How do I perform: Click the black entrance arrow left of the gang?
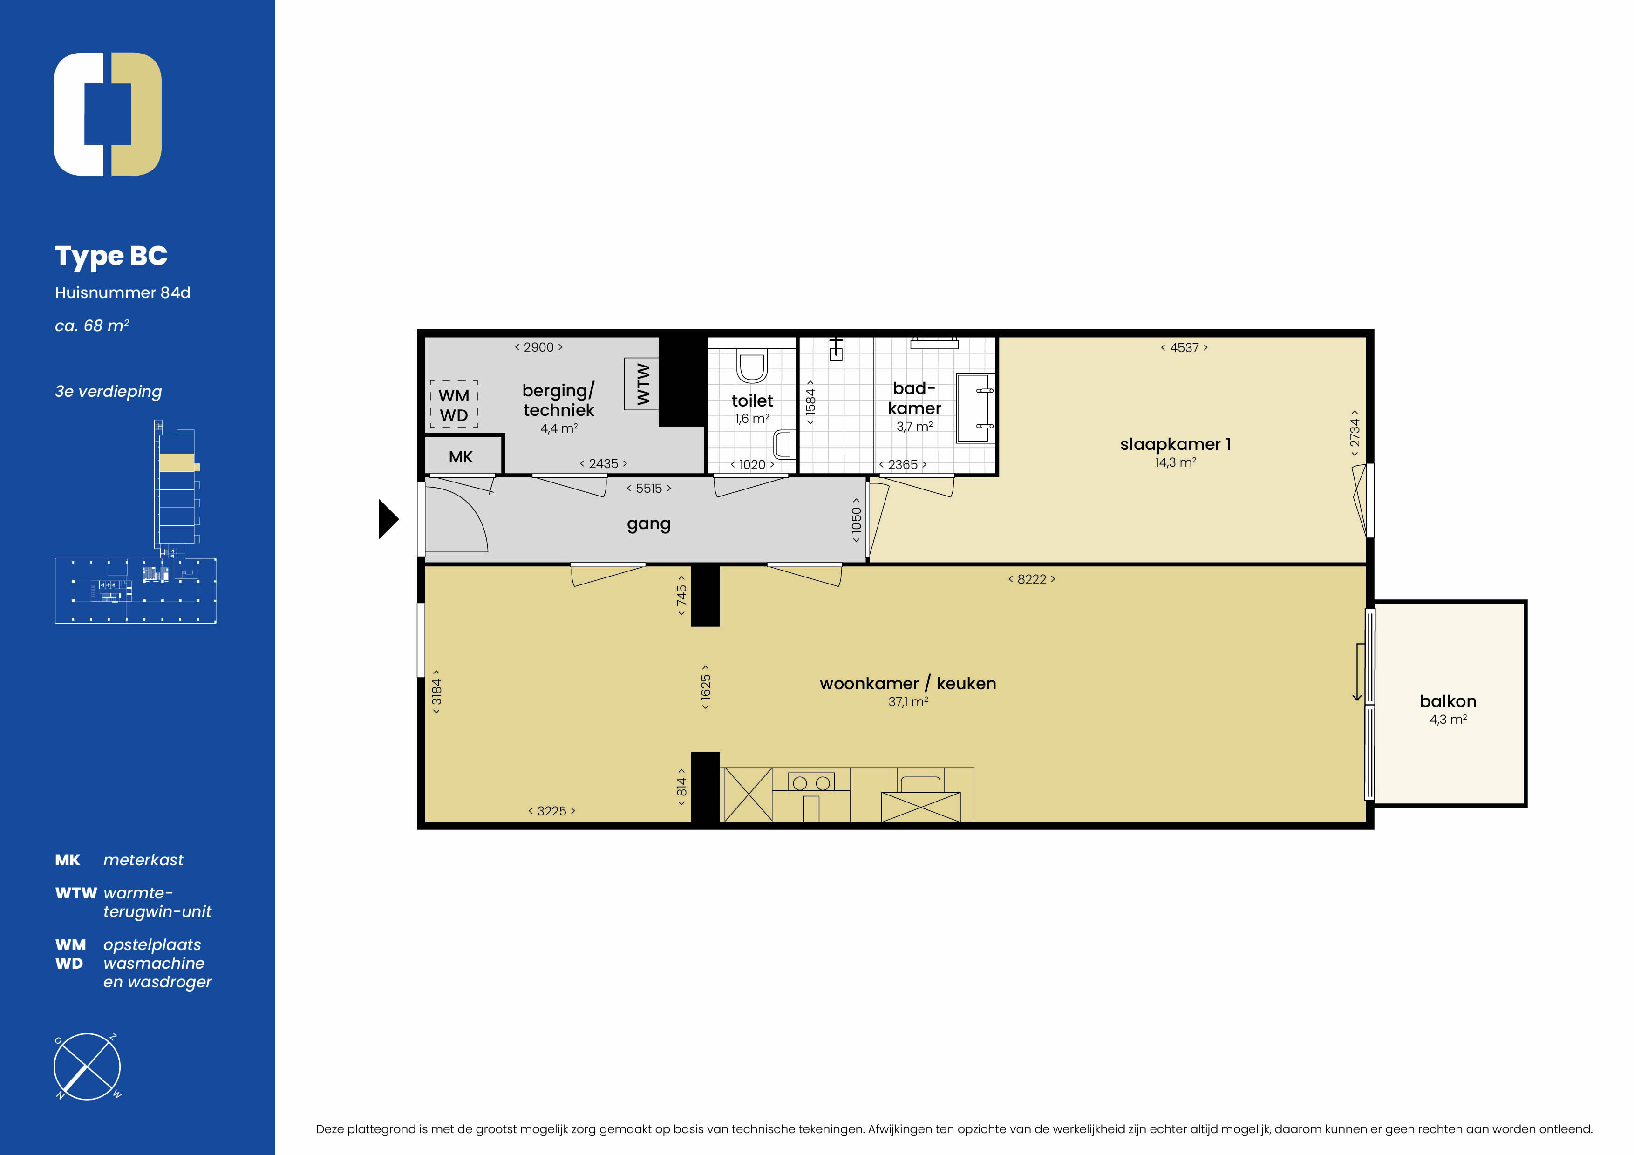pos(388,519)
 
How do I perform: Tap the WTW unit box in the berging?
pos(641,384)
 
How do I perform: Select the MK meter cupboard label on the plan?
pos(461,457)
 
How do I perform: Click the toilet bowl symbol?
pos(751,367)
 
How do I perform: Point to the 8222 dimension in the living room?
pos(1031,579)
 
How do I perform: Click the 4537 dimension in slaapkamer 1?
pos(1184,348)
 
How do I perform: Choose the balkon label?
pos(1448,701)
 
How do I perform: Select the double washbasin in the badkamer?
pos(975,408)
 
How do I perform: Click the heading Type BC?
pos(111,256)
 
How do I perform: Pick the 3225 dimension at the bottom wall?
pos(551,811)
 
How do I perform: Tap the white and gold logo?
pos(108,114)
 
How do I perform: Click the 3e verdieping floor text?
pos(108,391)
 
